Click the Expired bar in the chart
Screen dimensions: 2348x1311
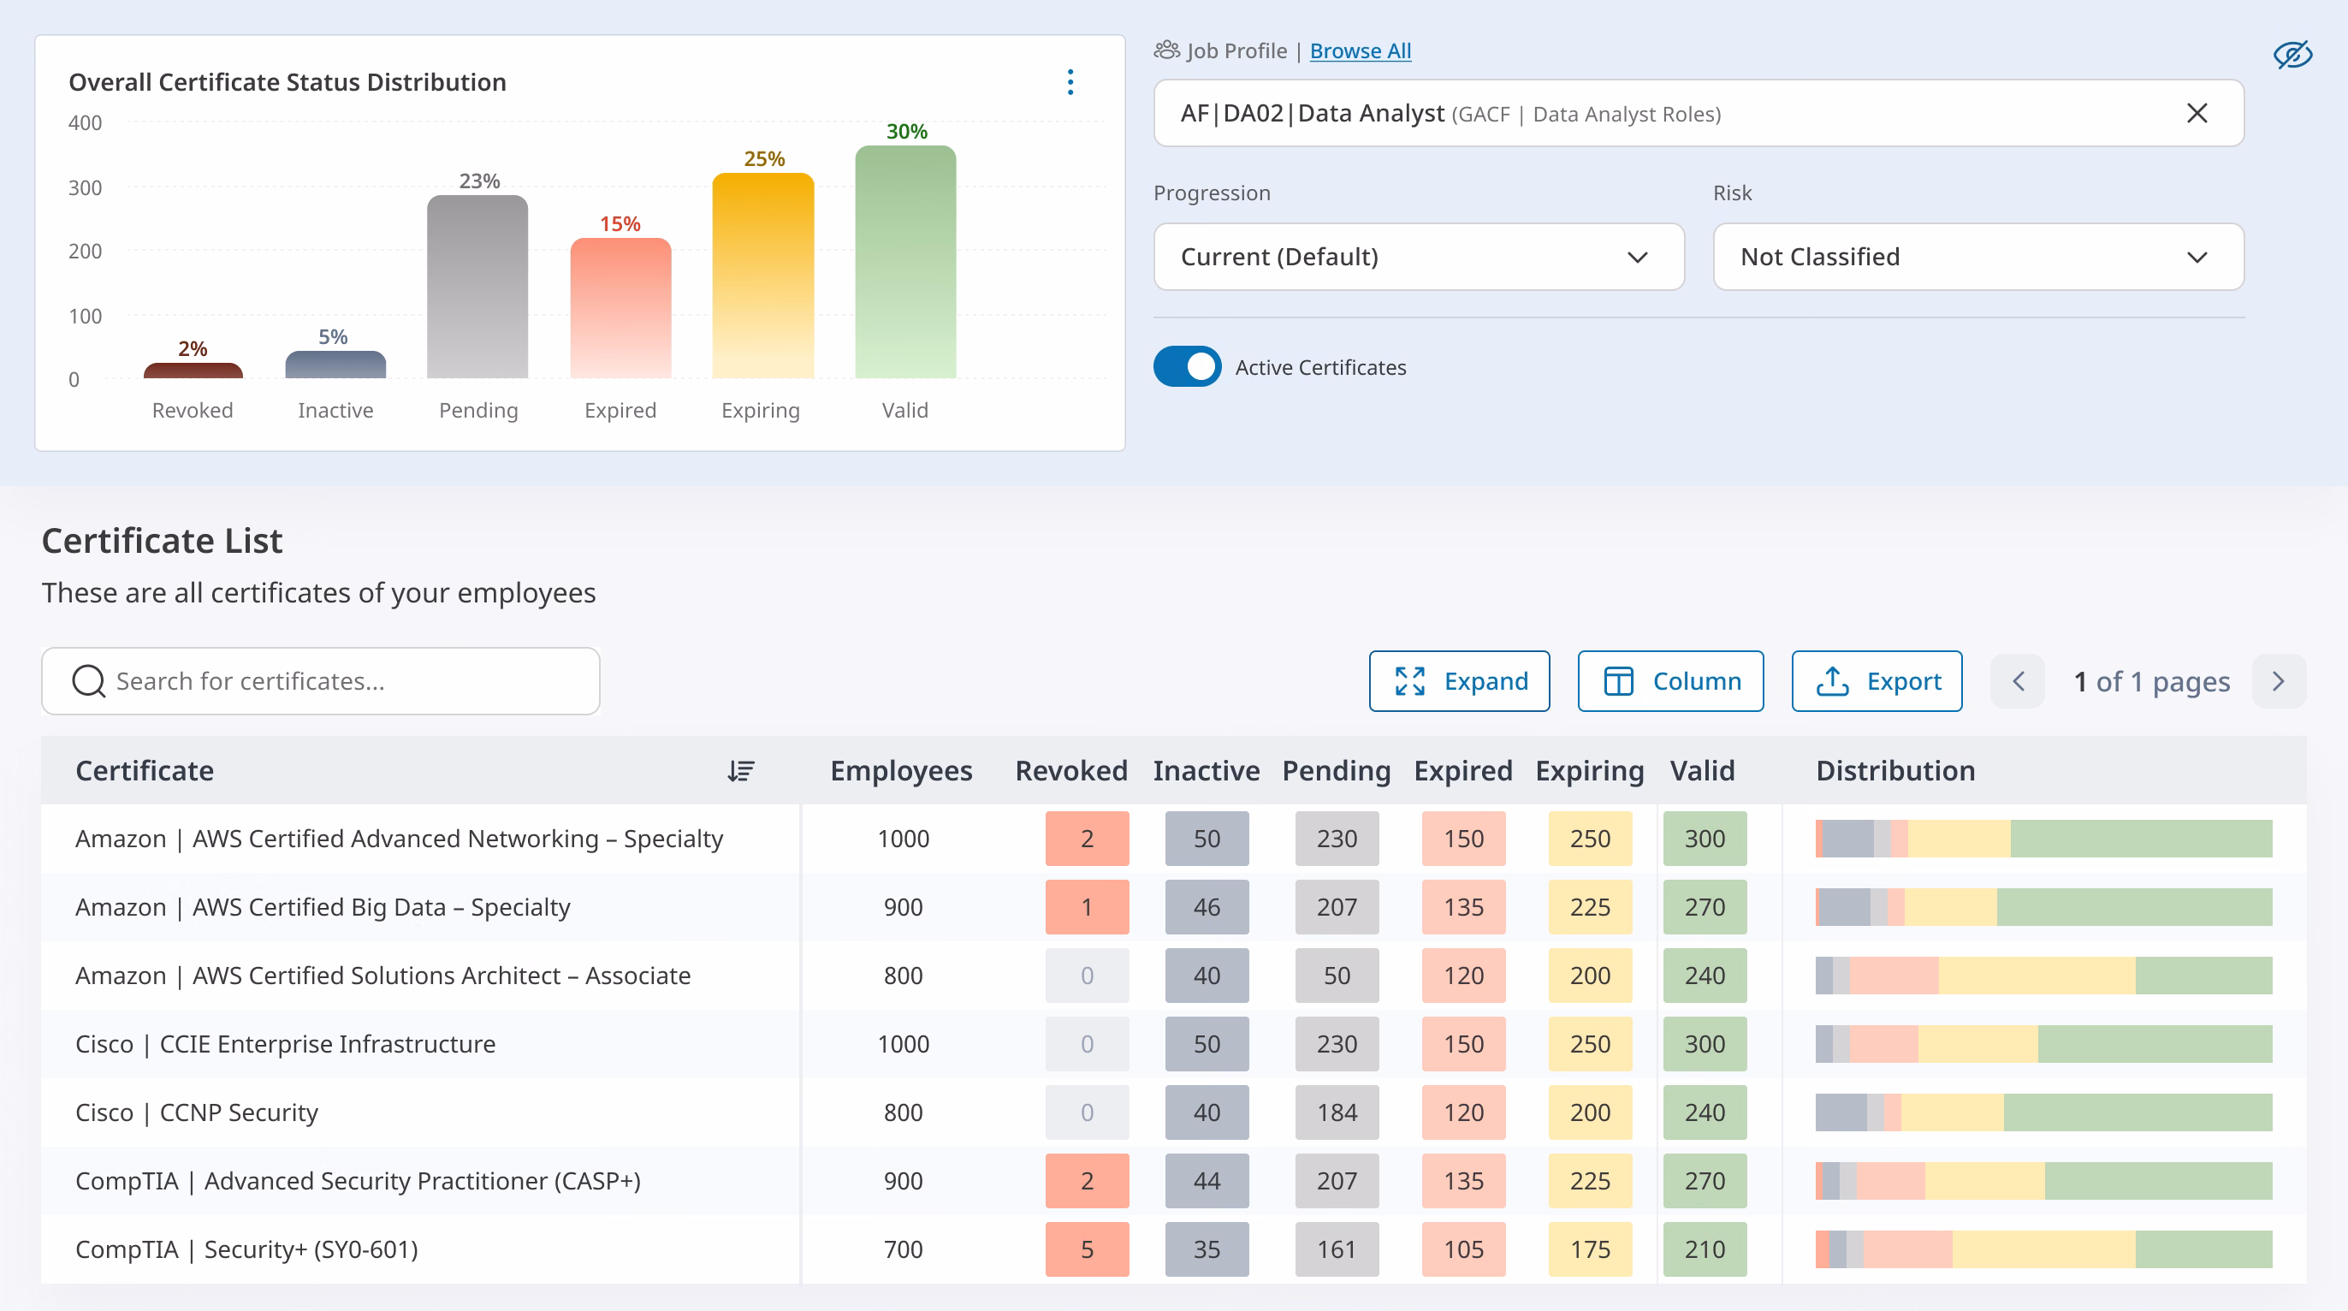tap(620, 308)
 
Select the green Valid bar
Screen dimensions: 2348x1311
tap(905, 262)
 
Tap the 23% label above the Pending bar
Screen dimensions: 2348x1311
tap(479, 181)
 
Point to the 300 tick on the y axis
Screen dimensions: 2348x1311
tap(85, 187)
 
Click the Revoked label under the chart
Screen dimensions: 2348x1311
tap(193, 410)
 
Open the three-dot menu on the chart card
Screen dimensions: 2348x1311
tap(1070, 82)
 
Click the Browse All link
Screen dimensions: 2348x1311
tap(1360, 51)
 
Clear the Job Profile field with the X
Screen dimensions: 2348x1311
tap(2197, 113)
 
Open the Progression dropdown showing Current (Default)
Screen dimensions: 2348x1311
tap(1418, 257)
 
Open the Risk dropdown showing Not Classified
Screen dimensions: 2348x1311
tap(1978, 257)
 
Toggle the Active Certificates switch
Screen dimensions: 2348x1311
tap(1187, 366)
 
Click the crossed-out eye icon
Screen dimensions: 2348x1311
tap(2292, 55)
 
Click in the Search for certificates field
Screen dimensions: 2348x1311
tap(321, 681)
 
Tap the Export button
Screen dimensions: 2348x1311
tap(1877, 681)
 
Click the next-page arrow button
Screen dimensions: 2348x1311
tap(2279, 681)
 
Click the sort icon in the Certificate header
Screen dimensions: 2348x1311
tap(740, 771)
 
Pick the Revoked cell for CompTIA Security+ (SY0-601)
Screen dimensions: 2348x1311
tap(1087, 1249)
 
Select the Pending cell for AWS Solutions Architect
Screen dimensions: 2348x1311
tap(1337, 976)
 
